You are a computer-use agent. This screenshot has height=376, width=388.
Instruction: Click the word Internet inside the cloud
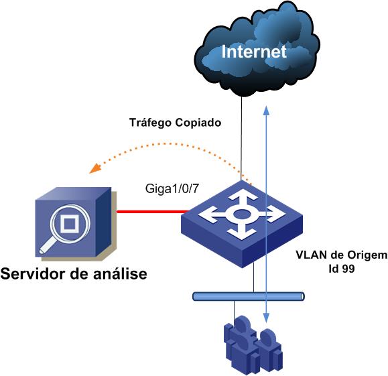click(254, 52)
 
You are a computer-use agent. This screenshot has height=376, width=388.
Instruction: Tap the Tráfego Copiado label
click(174, 123)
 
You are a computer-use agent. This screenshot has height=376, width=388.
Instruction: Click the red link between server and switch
click(150, 212)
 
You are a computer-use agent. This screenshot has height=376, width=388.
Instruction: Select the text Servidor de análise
click(74, 275)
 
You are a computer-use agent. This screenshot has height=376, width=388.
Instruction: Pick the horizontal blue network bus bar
click(248, 296)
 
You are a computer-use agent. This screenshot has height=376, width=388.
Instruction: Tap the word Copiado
click(198, 123)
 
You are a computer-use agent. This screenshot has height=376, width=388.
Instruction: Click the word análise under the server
click(119, 275)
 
